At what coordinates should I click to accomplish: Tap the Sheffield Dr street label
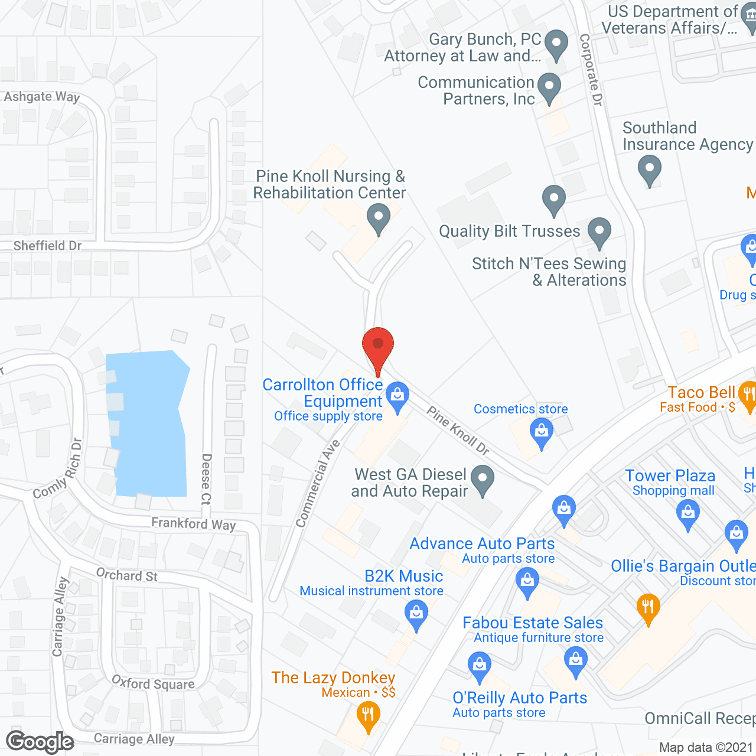click(47, 246)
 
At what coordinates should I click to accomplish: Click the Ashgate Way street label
click(42, 97)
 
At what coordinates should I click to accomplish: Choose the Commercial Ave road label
click(317, 483)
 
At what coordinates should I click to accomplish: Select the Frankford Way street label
click(193, 523)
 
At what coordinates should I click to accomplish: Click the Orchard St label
click(126, 575)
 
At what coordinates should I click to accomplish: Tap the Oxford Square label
click(153, 683)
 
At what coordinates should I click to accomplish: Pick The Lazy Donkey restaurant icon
click(368, 715)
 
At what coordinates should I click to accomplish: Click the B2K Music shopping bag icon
click(416, 614)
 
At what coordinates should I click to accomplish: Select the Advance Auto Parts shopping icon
click(527, 581)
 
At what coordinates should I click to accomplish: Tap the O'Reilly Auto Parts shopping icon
click(479, 666)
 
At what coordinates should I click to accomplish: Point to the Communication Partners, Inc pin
click(549, 87)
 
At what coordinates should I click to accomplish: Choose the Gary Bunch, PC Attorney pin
click(556, 44)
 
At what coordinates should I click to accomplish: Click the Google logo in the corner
click(40, 742)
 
